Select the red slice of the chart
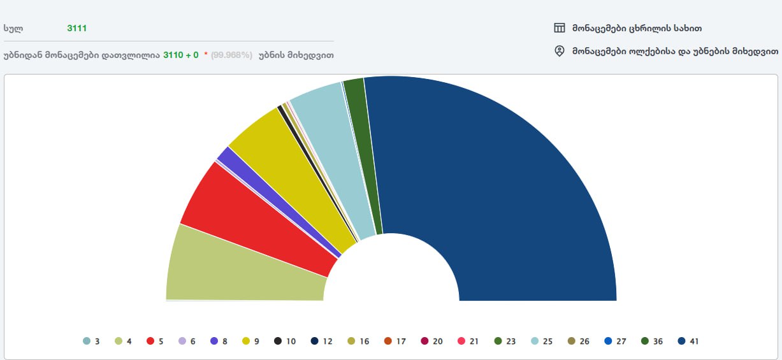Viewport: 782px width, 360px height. tap(255, 224)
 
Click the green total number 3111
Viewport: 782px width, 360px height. tap(77, 28)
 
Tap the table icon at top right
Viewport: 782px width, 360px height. tap(560, 28)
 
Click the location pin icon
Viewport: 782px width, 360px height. tap(560, 51)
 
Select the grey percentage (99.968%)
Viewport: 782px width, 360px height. tap(231, 55)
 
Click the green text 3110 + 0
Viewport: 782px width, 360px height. tap(181, 55)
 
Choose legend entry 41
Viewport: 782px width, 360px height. tap(688, 341)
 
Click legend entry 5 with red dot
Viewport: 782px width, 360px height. tap(155, 341)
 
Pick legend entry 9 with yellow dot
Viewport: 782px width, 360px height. tap(250, 341)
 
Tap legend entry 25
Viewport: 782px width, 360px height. tap(542, 341)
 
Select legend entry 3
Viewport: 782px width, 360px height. tap(91, 341)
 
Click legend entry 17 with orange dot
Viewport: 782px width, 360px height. tap(395, 341)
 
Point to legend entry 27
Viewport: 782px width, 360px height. tap(615, 341)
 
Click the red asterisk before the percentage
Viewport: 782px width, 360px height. tap(206, 54)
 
